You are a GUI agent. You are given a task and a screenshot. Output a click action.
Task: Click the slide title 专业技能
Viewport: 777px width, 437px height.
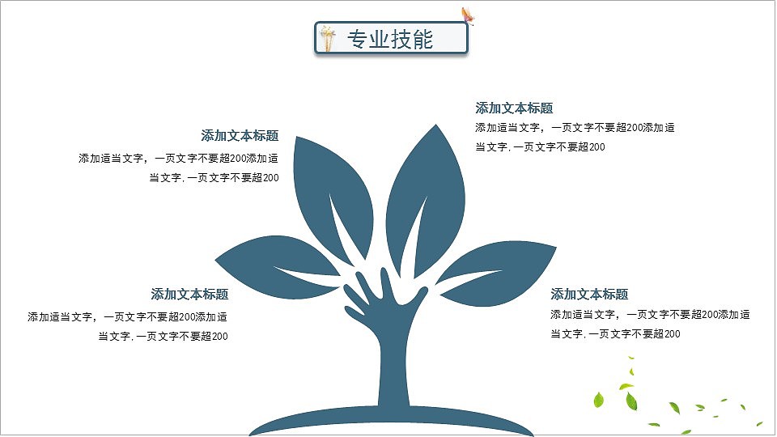point(390,39)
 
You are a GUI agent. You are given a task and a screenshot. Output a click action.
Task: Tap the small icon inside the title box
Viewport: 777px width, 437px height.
point(328,38)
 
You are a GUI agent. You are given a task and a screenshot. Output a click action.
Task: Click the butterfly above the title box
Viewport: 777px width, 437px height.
point(467,15)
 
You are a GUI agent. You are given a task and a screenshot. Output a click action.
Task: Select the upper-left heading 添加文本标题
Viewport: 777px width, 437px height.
point(240,136)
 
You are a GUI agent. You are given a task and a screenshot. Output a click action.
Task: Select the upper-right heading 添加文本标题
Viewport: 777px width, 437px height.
point(514,108)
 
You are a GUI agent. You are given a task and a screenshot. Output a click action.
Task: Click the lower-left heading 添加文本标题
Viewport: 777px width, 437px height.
point(189,295)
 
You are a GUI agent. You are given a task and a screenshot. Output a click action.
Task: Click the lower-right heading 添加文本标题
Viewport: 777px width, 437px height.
point(589,295)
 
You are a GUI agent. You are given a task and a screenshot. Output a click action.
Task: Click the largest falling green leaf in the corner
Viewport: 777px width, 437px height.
point(599,399)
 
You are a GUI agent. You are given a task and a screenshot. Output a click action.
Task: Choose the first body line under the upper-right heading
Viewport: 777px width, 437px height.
point(575,128)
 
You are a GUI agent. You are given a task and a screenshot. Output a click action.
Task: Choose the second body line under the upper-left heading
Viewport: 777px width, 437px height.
point(214,178)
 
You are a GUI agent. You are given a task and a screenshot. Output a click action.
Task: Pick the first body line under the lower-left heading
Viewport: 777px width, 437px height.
point(127,317)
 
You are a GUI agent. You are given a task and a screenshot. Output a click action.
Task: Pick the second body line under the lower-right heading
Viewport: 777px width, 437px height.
point(615,334)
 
